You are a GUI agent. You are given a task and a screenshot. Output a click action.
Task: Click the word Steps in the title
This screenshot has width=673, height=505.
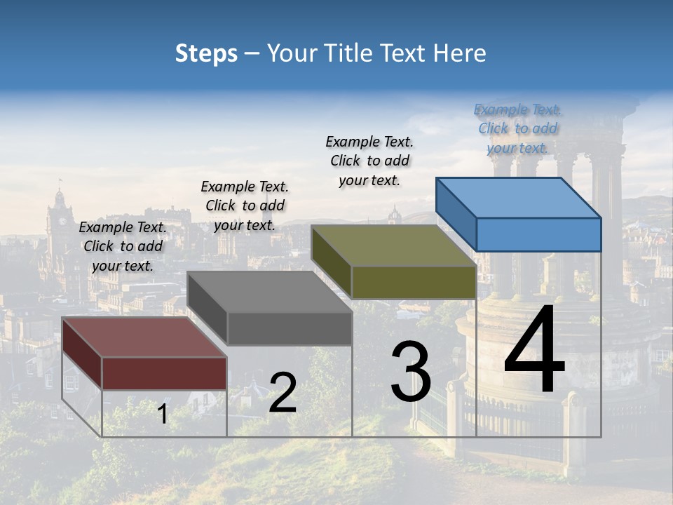(x=206, y=53)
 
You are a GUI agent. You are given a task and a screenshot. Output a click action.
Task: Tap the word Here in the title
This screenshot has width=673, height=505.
(x=460, y=53)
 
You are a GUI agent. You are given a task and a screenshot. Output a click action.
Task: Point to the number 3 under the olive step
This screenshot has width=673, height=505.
(x=411, y=372)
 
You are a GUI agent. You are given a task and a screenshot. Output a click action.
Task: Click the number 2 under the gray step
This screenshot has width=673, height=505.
(x=283, y=393)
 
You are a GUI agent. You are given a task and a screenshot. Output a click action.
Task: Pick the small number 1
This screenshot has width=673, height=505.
(x=163, y=414)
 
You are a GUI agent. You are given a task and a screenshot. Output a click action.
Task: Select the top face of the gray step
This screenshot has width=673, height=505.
(x=270, y=292)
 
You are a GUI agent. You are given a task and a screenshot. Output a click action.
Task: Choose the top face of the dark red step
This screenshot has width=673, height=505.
(x=144, y=337)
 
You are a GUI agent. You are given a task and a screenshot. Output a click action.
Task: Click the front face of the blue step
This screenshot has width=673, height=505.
(x=538, y=234)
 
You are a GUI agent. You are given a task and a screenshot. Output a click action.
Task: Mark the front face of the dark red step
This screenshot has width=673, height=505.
(x=164, y=373)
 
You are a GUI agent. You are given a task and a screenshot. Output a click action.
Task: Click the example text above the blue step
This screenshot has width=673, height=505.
(x=517, y=129)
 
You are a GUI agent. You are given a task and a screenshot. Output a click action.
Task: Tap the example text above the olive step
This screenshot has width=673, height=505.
(x=369, y=161)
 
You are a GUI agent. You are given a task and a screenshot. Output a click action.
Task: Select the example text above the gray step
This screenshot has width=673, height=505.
(x=245, y=206)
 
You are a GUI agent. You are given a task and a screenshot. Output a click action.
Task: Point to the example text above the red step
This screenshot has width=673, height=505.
(x=123, y=246)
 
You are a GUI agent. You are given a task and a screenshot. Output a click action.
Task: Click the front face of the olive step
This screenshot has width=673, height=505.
(x=414, y=282)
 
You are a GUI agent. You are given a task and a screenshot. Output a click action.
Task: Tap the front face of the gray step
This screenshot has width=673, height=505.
(x=289, y=328)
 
